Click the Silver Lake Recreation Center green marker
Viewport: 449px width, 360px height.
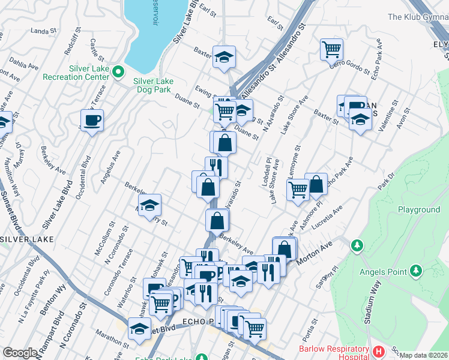click(118, 73)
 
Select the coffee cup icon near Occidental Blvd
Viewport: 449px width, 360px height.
click(92, 120)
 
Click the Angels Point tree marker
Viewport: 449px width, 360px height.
click(357, 246)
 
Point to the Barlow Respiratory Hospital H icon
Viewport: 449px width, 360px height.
click(378, 350)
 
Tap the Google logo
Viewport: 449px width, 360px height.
click(20, 353)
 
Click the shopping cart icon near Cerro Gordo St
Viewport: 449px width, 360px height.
click(331, 49)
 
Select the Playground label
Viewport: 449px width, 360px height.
click(419, 209)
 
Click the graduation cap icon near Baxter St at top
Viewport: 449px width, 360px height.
click(224, 57)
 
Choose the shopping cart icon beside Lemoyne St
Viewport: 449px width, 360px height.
click(298, 190)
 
